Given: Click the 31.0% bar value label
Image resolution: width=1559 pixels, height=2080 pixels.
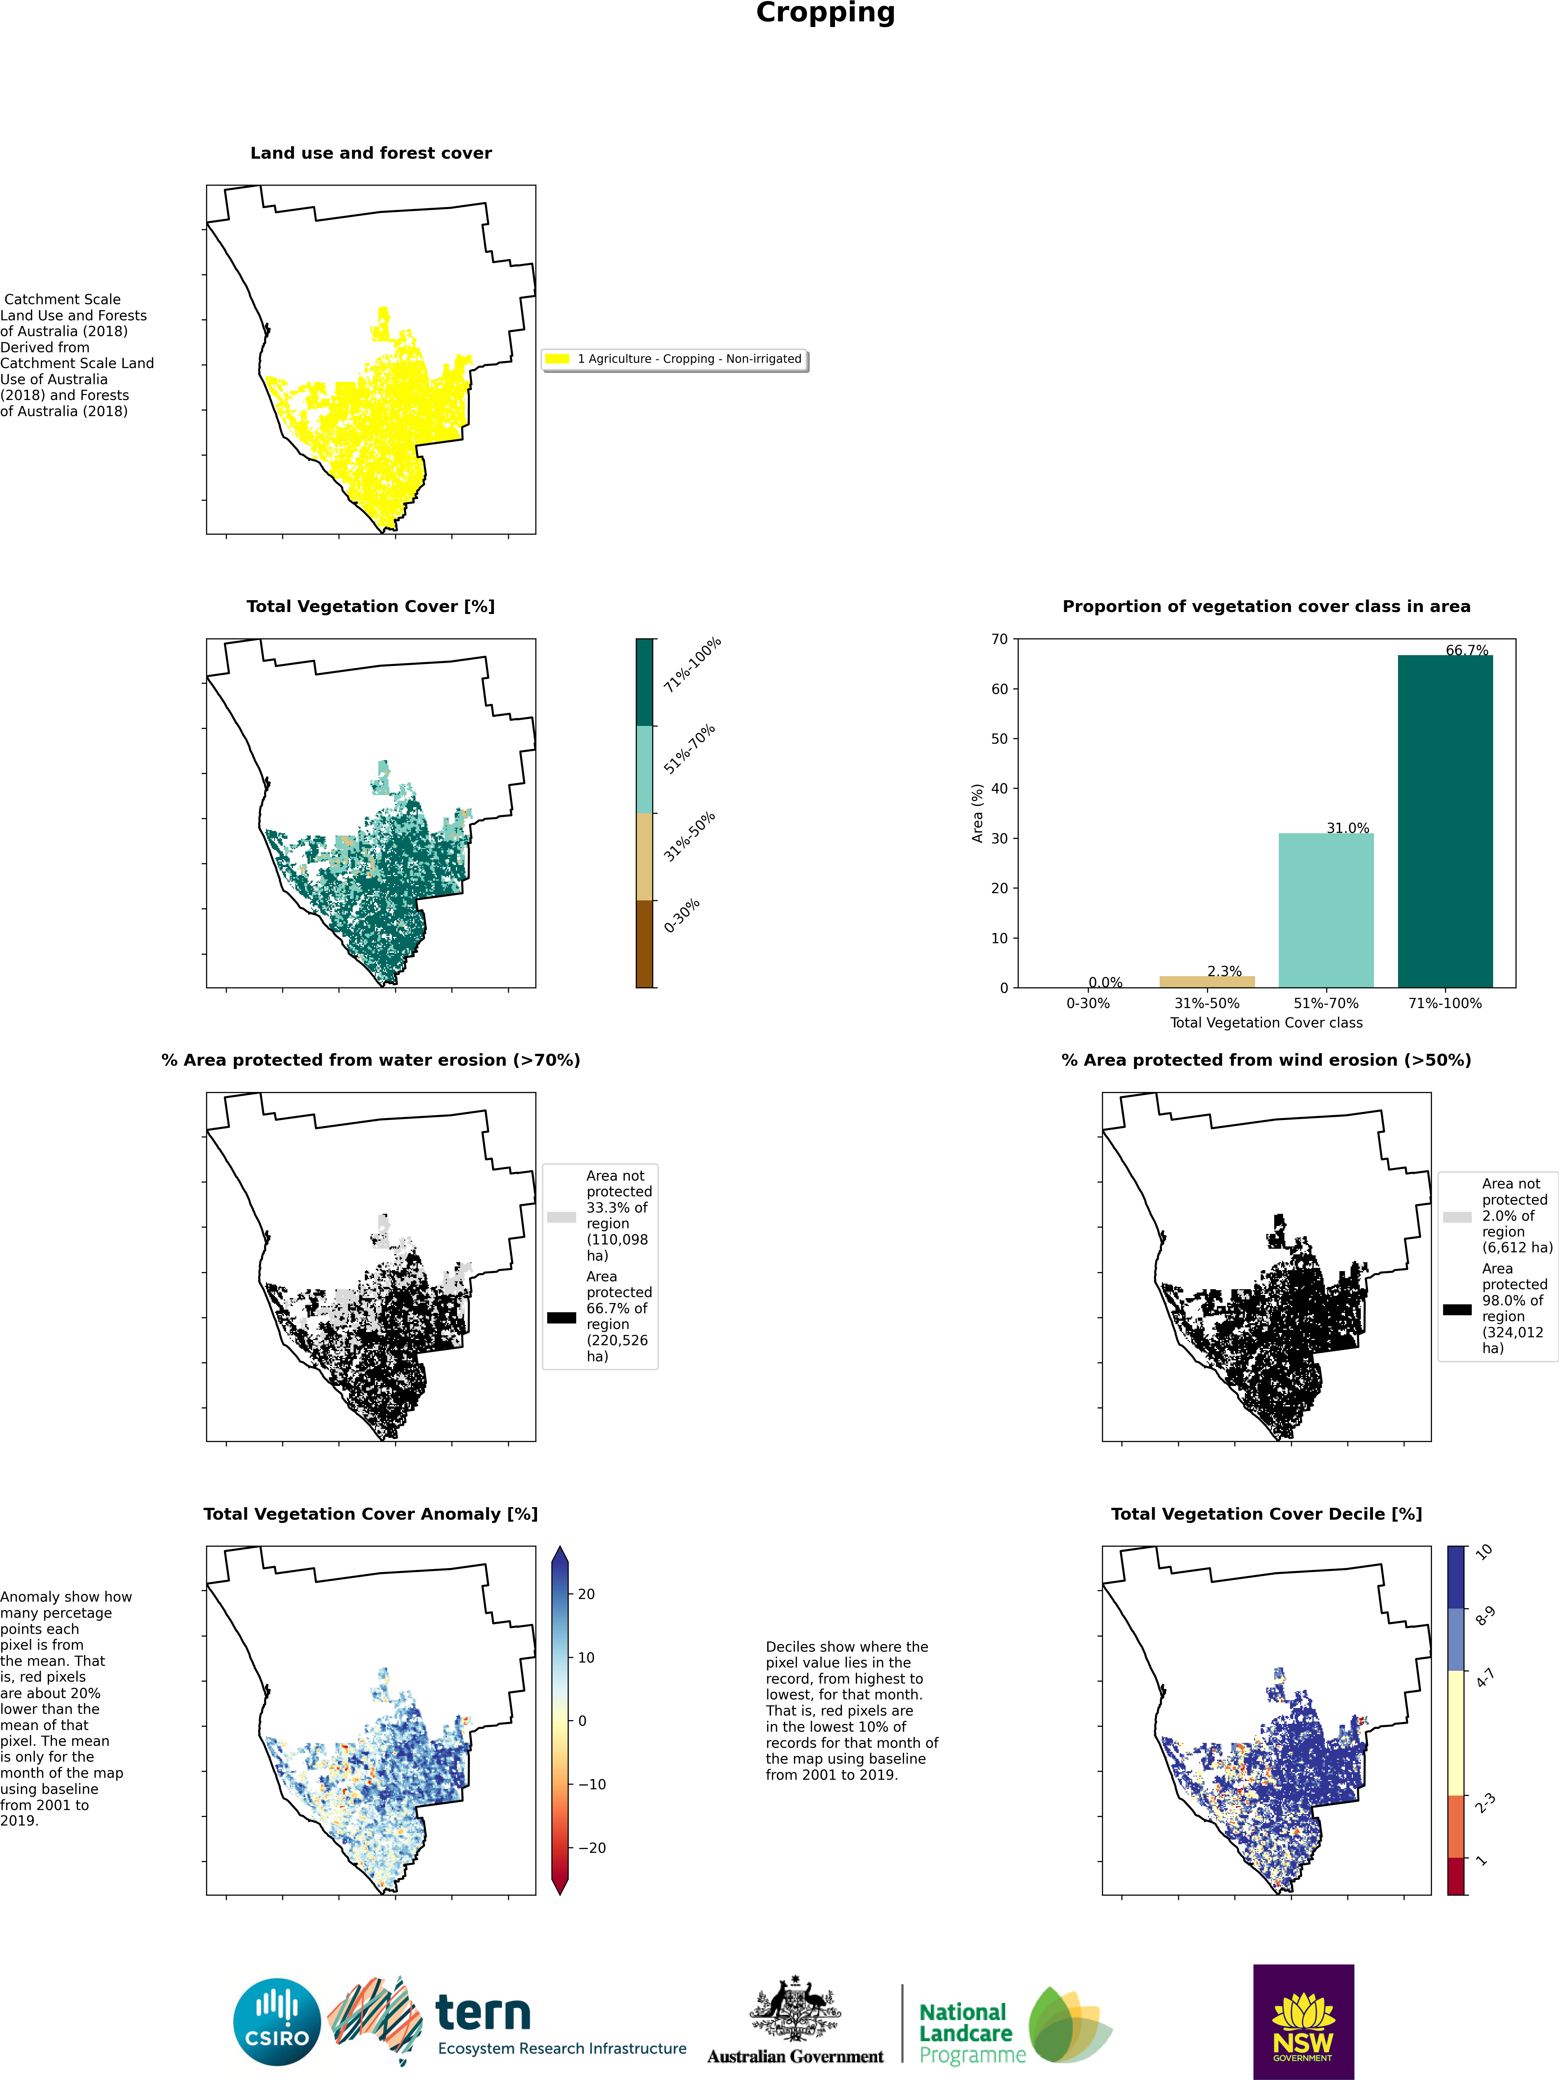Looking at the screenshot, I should [1347, 827].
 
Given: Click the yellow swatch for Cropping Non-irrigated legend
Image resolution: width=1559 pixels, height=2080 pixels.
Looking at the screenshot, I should [557, 358].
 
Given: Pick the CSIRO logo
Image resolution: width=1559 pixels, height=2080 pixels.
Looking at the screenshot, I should [277, 2022].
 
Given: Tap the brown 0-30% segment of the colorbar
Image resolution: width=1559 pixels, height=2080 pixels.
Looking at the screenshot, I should [644, 943].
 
